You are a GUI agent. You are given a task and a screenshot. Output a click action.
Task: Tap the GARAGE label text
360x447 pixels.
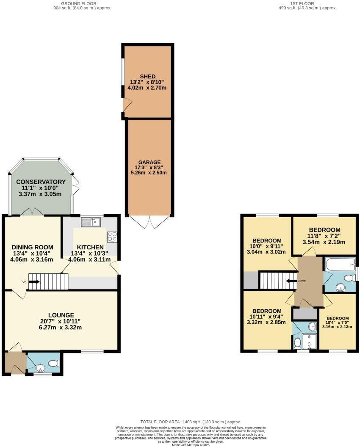click(149, 162)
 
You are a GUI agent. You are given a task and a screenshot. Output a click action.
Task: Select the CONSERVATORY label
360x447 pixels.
click(41, 182)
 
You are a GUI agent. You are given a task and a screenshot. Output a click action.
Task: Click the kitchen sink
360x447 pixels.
click(91, 221)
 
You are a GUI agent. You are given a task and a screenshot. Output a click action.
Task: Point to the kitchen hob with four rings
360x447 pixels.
click(112, 237)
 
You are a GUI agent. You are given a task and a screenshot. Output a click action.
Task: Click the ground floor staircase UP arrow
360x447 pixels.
click(34, 281)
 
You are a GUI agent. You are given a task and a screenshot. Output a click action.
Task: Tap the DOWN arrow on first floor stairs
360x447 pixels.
click(291, 281)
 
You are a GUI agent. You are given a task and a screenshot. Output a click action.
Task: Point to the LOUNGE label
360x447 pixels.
click(61, 315)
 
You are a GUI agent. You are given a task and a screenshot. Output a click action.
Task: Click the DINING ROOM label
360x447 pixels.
click(32, 248)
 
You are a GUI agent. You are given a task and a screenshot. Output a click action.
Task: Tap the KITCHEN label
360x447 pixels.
click(90, 247)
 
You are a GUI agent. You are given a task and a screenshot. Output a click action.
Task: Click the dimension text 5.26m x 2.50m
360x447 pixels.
click(149, 173)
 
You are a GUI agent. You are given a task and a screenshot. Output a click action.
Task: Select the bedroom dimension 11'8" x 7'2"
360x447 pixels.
click(324, 236)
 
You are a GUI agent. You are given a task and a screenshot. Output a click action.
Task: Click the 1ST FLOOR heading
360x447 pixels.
click(302, 3)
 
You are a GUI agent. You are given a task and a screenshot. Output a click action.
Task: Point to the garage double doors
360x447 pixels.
click(149, 221)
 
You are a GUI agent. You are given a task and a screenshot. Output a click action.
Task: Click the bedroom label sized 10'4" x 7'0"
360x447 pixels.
click(337, 319)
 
